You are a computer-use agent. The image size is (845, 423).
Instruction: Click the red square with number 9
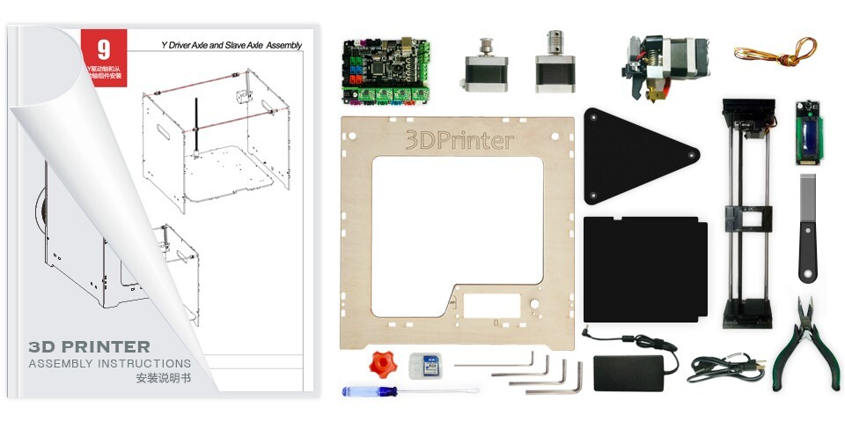point(103,49)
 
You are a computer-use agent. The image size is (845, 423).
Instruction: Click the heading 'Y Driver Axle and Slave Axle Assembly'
point(231,45)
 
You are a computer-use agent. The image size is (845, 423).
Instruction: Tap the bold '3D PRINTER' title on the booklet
point(90,347)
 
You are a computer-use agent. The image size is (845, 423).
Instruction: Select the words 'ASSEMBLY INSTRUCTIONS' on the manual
point(109,363)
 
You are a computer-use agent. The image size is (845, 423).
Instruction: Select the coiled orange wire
point(775,50)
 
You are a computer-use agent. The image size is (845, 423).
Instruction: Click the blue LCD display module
point(808,133)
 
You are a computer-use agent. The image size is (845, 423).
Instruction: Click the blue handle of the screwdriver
point(368,390)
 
